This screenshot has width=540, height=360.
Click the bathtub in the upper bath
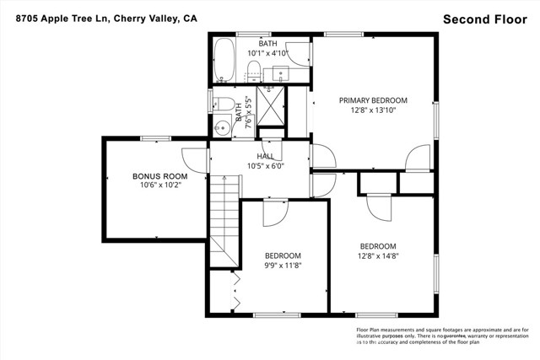point(224,64)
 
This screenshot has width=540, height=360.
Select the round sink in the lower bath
point(222,129)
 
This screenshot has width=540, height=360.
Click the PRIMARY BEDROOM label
point(373,100)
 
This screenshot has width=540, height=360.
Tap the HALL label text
point(265,157)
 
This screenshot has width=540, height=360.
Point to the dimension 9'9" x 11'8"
point(283,265)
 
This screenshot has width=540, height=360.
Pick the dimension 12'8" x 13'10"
point(373,110)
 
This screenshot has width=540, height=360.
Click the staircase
point(224,215)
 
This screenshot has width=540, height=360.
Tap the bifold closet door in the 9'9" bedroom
point(235,292)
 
